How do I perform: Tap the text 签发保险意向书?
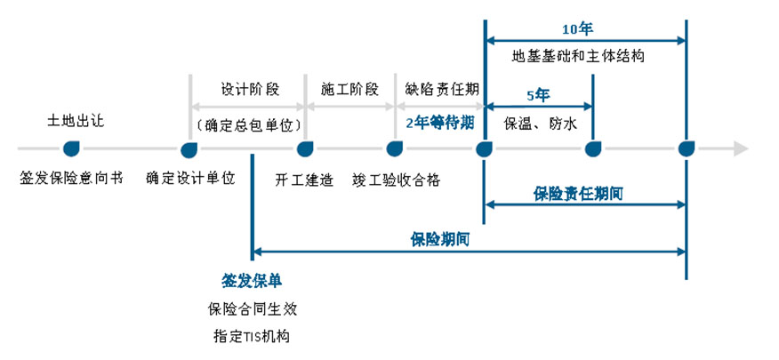(x=68, y=178)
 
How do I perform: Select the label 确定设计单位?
(x=191, y=178)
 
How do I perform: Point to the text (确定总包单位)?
(x=250, y=124)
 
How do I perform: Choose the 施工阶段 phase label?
(x=349, y=90)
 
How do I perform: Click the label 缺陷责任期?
(x=442, y=90)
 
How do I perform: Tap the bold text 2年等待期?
(x=439, y=124)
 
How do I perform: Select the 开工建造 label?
(x=305, y=178)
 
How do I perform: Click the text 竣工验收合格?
(x=395, y=178)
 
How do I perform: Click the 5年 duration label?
(x=538, y=95)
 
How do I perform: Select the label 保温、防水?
(x=540, y=124)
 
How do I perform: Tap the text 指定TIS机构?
(x=252, y=337)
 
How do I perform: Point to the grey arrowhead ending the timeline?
(x=740, y=148)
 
